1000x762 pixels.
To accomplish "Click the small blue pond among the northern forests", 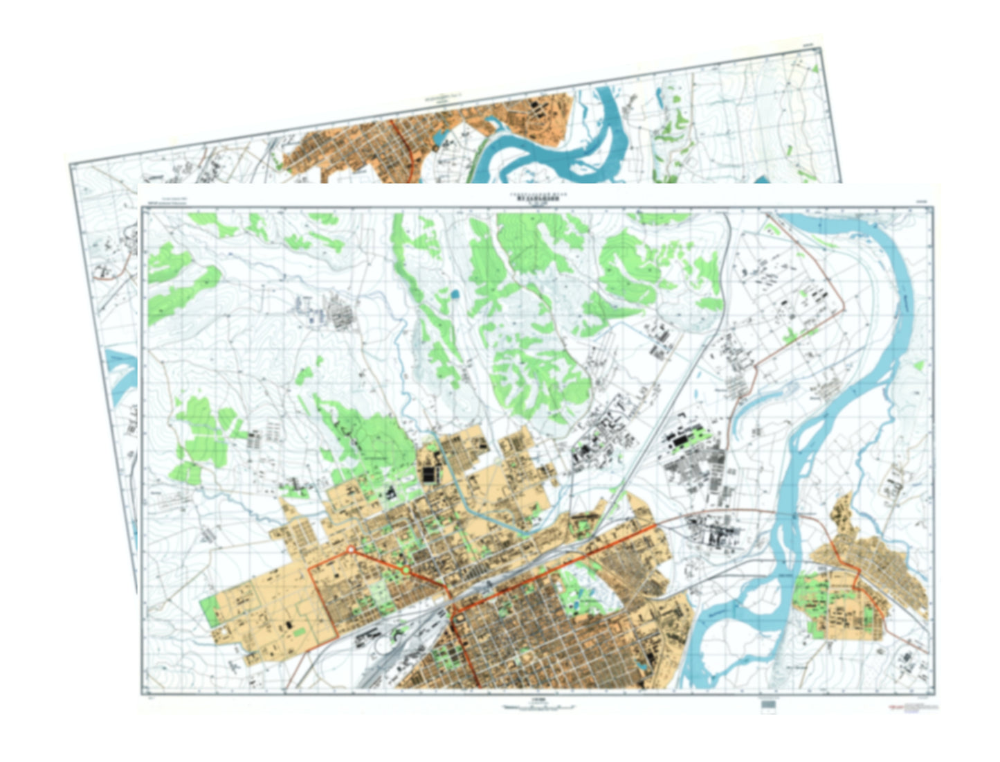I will click(x=454, y=294).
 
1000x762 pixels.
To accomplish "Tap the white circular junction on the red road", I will click(x=351, y=549).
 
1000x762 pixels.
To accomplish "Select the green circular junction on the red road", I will click(x=405, y=570).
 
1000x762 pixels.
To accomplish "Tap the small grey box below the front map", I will click(x=768, y=705).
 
